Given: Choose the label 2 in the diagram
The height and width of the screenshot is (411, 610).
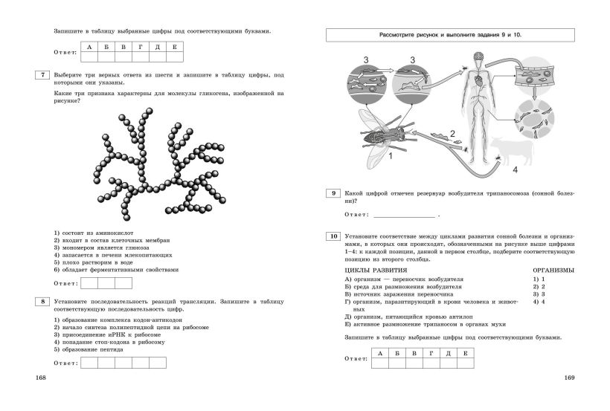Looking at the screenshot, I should pos(452,133).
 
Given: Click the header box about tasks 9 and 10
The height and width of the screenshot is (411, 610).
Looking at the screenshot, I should pos(451,35).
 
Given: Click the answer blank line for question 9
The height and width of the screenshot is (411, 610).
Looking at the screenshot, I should pos(405,215).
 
